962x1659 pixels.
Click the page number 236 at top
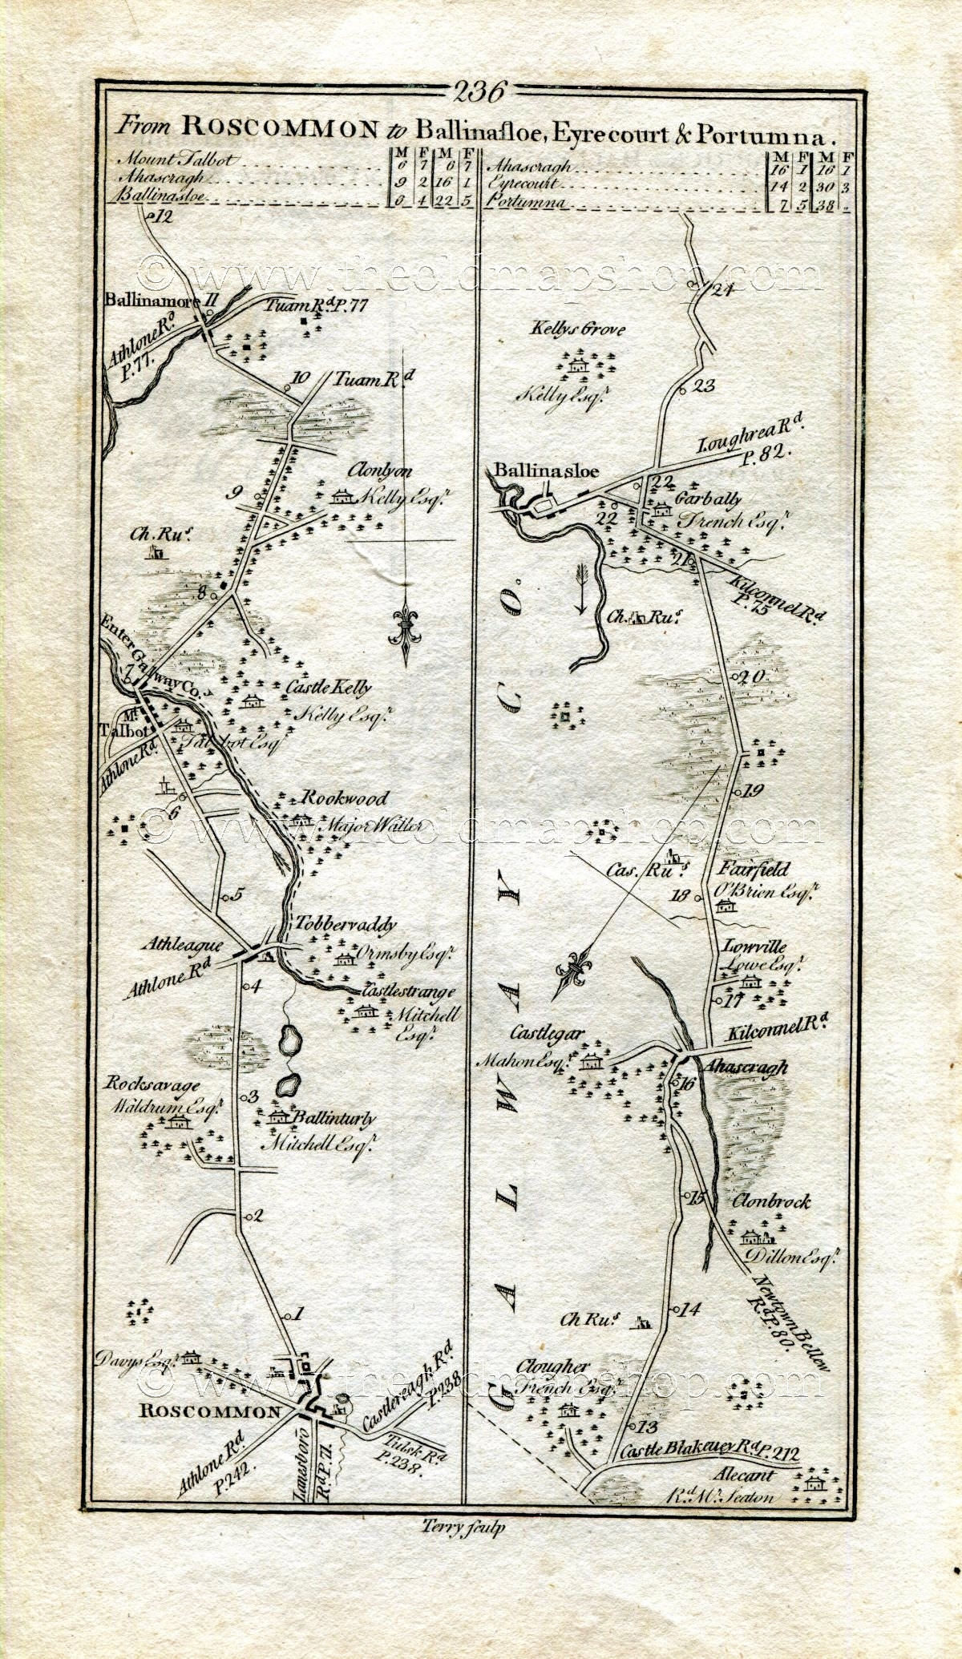pos(479,92)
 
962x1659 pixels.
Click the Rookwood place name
pos(345,798)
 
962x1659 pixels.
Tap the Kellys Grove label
pos(576,329)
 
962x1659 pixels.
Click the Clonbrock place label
pos(771,1201)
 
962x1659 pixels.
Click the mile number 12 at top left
pos(164,216)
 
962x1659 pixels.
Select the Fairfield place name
pos(754,870)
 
